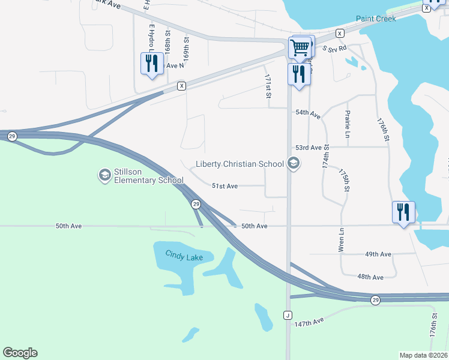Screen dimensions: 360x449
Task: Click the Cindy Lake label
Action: (x=184, y=257)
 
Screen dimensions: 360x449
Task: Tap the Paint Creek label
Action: (x=376, y=19)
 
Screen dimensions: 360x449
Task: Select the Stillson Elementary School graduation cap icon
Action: (x=104, y=175)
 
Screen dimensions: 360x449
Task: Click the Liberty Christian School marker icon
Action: (x=294, y=163)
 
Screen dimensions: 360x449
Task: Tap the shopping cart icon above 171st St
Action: (x=300, y=47)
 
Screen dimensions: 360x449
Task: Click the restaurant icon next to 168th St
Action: (x=151, y=63)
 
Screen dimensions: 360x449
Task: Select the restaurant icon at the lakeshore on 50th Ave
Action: (x=402, y=212)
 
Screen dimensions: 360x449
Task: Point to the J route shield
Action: (x=288, y=315)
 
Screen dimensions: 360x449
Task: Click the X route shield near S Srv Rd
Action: (x=340, y=33)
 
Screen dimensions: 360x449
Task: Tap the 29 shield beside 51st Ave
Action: (x=196, y=205)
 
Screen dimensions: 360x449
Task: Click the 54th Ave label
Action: (x=308, y=113)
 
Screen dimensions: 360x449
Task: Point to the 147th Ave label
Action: (x=309, y=322)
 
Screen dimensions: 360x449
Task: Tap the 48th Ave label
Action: (x=370, y=277)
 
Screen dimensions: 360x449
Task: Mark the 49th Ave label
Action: (x=378, y=254)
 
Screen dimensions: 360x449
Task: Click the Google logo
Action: (x=20, y=353)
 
